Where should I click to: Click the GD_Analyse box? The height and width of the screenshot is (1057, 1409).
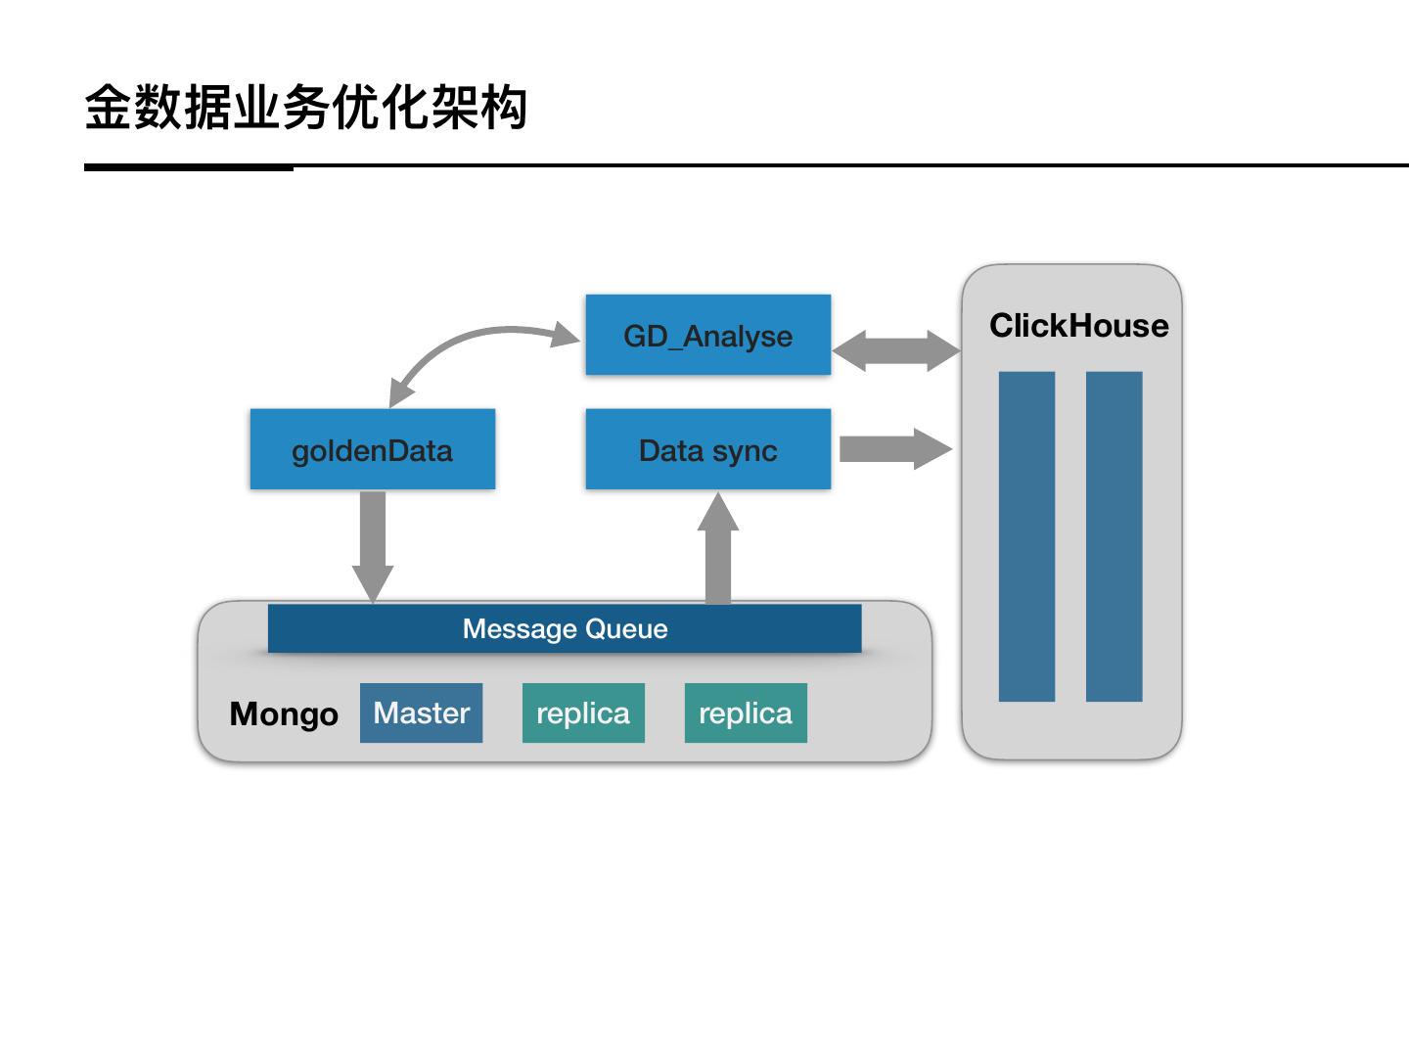707,335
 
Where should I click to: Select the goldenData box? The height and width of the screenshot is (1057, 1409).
372,449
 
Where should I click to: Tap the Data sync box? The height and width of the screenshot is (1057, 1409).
707,449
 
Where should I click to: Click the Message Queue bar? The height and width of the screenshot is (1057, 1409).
565,628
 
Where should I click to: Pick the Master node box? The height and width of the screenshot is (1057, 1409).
421,712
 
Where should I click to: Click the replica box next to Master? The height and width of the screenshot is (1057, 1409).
583,712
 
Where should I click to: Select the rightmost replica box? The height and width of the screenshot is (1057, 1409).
746,712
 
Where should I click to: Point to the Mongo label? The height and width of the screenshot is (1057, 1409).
284,713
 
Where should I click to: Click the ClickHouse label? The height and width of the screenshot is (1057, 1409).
1078,325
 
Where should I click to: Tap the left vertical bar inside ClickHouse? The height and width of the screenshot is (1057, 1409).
1026,536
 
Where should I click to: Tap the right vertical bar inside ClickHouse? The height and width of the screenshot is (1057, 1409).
1114,536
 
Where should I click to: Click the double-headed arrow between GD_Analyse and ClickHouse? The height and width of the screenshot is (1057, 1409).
896,350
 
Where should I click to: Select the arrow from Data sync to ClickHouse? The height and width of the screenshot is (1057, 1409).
894,449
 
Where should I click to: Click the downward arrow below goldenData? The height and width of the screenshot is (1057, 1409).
372,544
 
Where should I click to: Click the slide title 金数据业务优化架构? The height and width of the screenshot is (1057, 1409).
305,107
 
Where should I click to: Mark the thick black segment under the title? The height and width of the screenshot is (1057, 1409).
189,167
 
